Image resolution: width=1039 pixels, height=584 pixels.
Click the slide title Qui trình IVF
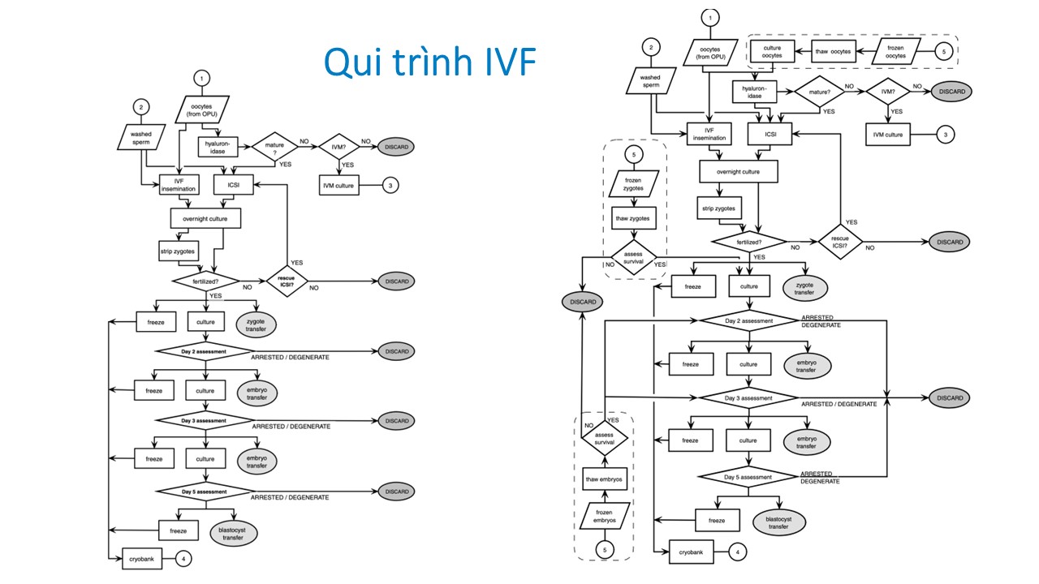[429, 61]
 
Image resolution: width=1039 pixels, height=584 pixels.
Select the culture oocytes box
[772, 52]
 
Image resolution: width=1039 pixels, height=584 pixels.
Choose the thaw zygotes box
[633, 219]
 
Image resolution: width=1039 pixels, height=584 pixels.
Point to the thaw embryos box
[605, 479]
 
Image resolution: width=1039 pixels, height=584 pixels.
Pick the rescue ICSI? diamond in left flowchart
[286, 281]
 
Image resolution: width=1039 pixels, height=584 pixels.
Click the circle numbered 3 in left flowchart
[390, 185]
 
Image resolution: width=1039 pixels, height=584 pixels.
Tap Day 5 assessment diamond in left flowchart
[205, 492]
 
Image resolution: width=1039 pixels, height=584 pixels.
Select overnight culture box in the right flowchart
[739, 171]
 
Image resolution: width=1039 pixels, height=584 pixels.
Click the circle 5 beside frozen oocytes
[944, 51]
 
